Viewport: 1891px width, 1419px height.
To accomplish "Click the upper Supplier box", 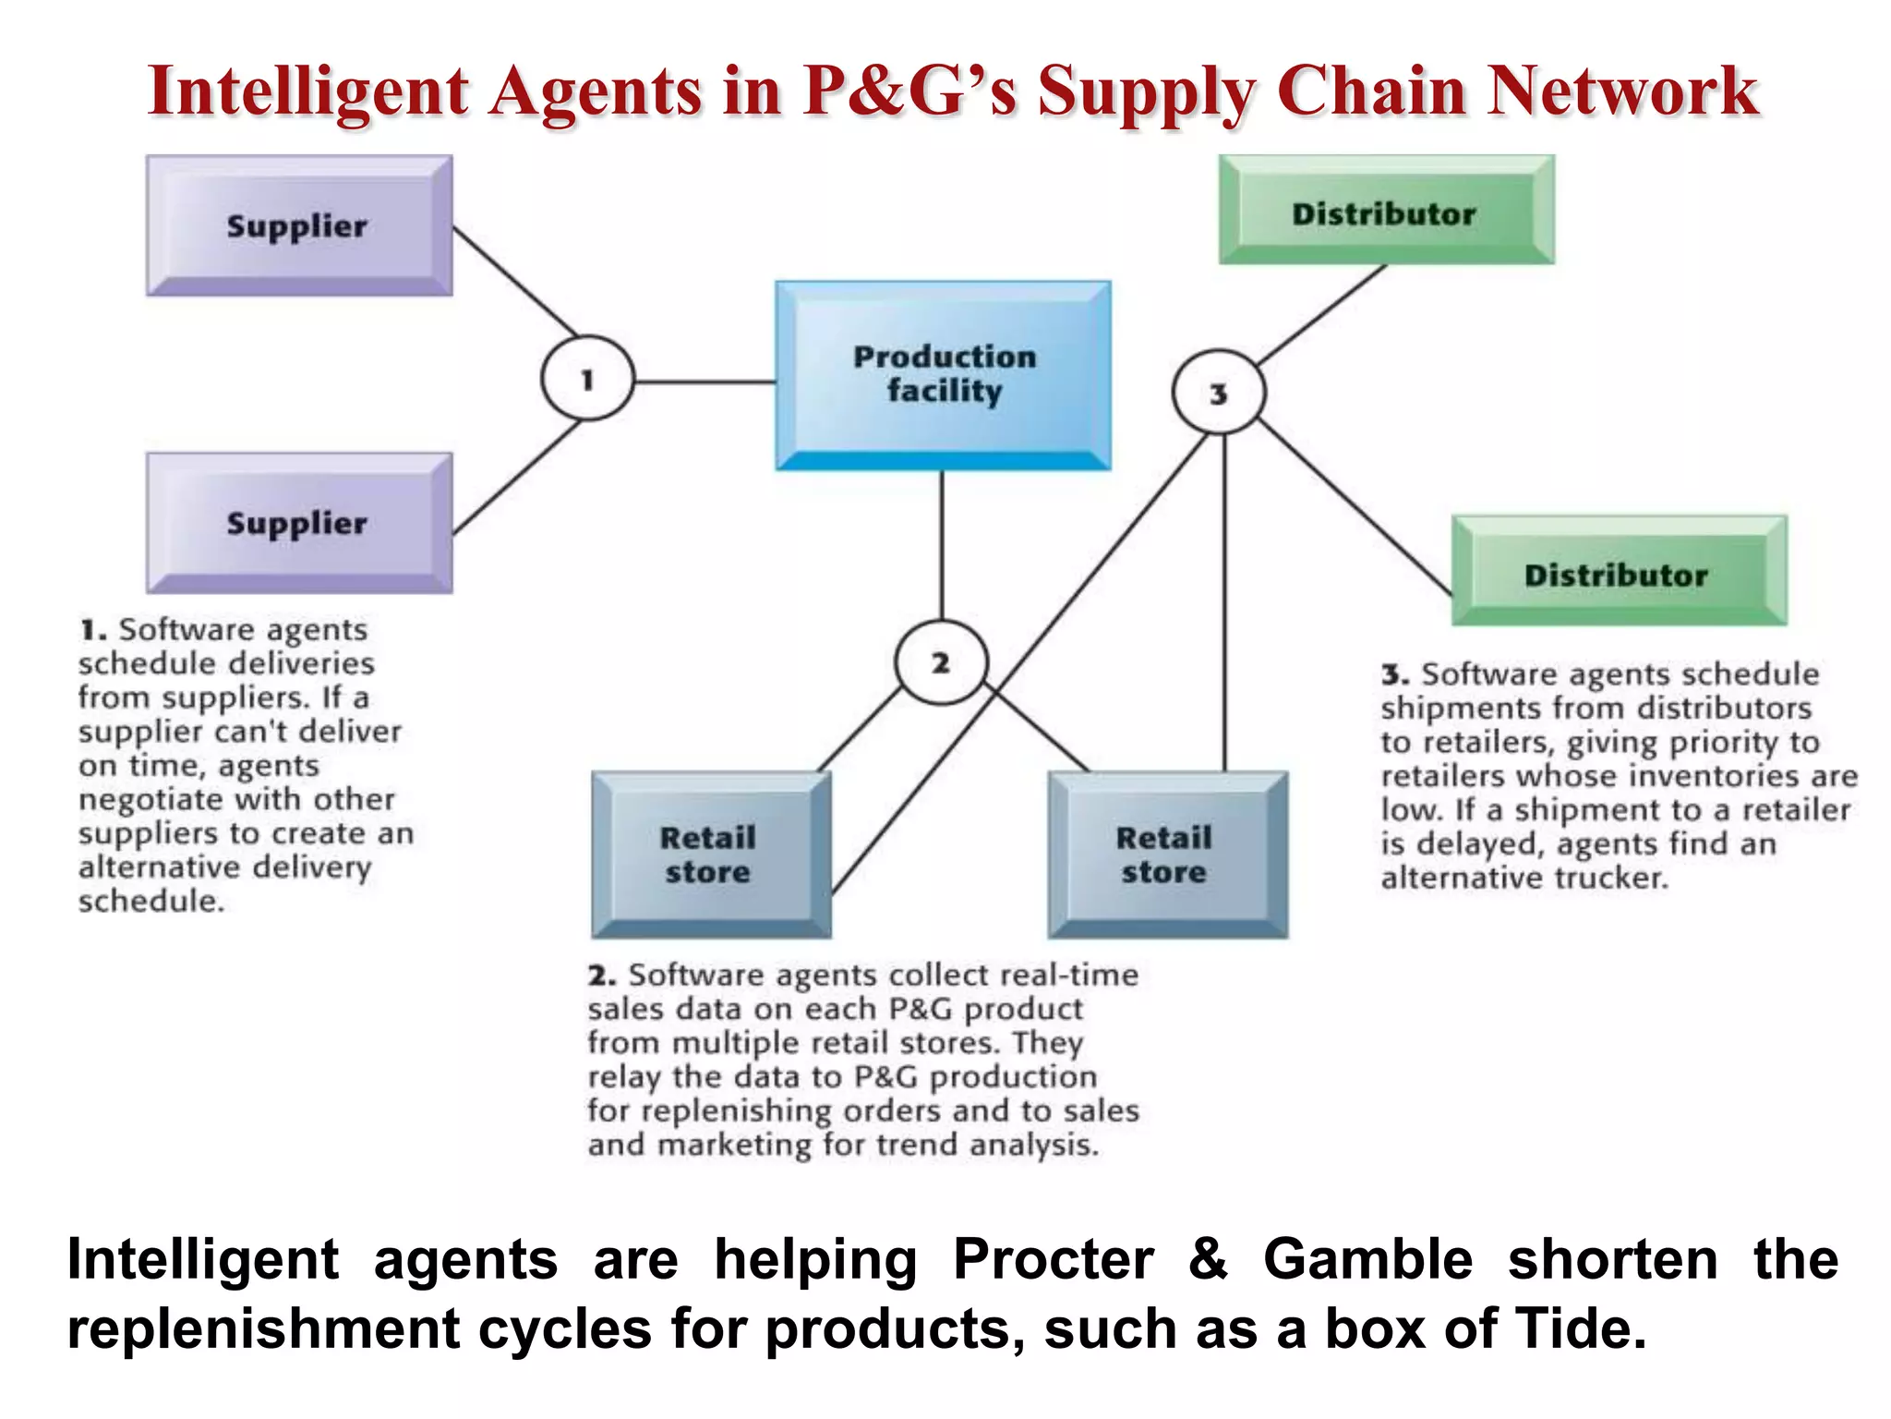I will [x=298, y=225].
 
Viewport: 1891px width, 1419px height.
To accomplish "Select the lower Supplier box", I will [x=298, y=523].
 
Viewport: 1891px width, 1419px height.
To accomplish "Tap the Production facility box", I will [x=943, y=374].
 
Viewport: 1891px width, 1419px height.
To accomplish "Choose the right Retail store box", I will [x=1166, y=855].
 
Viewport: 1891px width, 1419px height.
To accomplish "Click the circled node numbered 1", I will [x=587, y=379].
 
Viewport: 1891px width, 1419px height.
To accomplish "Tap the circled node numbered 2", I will [x=941, y=662].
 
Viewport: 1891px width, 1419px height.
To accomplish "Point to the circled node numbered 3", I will [x=1218, y=393].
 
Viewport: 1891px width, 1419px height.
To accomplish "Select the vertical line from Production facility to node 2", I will [x=942, y=545].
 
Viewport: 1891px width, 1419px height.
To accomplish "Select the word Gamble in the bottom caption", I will [x=1367, y=1259].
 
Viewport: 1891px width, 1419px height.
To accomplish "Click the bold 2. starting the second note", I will [x=602, y=976].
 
